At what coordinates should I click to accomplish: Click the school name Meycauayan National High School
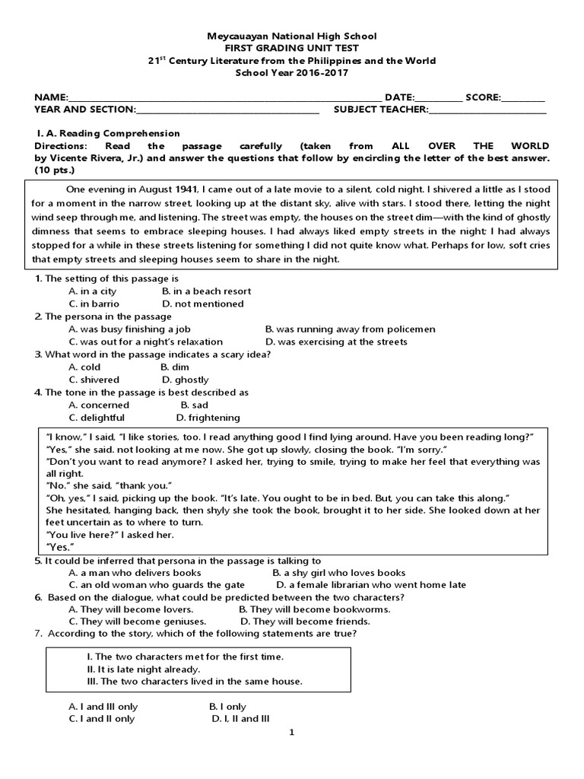tap(292, 36)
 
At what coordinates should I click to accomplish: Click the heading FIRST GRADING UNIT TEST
tap(292, 48)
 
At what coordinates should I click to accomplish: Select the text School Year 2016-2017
tap(292, 72)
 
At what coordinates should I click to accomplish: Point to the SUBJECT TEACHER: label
tap(381, 110)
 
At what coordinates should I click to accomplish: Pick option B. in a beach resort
tap(206, 291)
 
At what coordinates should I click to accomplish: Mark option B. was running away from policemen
tap(350, 329)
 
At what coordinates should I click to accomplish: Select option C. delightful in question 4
tap(97, 418)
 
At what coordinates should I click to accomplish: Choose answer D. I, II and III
tap(241, 719)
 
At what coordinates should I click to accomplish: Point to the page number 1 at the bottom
tap(291, 733)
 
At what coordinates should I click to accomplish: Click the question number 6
tap(37, 597)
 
